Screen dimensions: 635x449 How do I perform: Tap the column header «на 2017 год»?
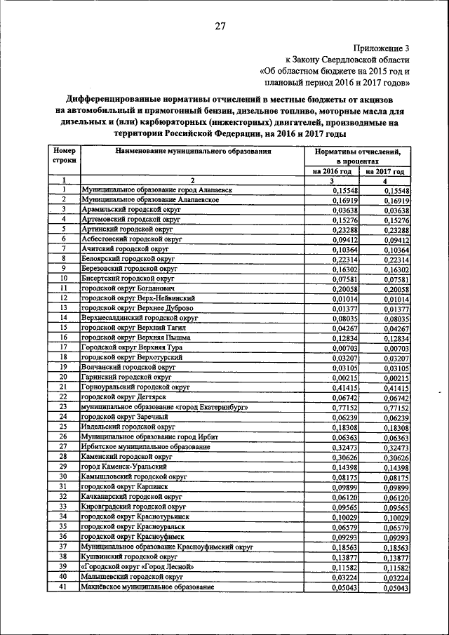385,171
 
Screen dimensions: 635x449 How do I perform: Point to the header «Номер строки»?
64,155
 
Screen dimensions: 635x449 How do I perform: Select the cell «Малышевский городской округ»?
126,577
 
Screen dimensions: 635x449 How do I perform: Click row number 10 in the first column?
63,279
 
